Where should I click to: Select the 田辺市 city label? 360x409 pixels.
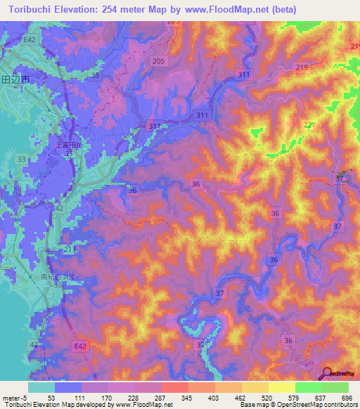pyautogui.click(x=15, y=80)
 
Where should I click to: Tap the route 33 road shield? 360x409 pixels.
pyautogui.click(x=22, y=160)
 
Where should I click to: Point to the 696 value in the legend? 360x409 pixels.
pyautogui.click(x=347, y=398)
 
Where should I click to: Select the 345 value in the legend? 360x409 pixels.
pyautogui.click(x=187, y=398)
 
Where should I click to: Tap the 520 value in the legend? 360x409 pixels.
pyautogui.click(x=266, y=398)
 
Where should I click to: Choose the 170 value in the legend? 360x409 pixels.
pyautogui.click(x=108, y=398)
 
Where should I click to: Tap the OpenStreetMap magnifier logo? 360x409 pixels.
pyautogui.click(x=328, y=373)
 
